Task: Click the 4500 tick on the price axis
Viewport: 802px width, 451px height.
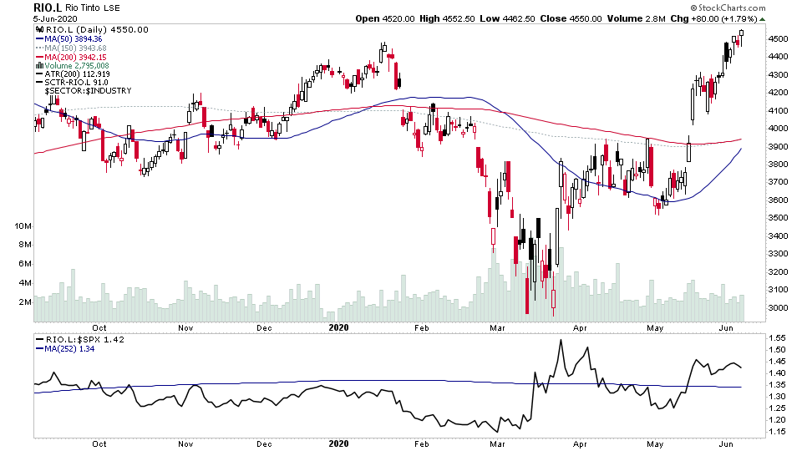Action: [x=777, y=39]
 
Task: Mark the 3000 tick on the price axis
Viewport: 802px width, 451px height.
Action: [x=777, y=308]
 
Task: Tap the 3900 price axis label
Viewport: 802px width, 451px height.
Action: [x=777, y=147]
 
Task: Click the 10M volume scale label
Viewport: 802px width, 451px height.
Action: [x=23, y=226]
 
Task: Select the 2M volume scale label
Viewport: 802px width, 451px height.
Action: [x=25, y=302]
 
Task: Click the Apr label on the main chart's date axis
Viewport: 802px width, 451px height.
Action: [x=581, y=328]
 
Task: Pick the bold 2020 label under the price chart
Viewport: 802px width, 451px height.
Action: [x=340, y=328]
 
